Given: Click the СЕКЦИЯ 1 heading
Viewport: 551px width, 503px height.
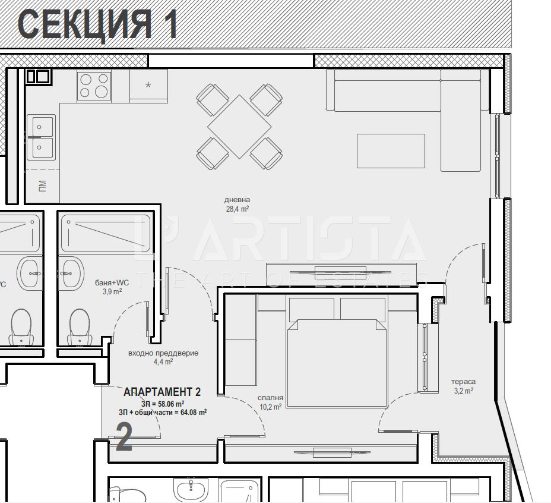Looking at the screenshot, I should (x=98, y=24).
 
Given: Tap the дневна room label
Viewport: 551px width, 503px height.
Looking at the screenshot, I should (x=237, y=200).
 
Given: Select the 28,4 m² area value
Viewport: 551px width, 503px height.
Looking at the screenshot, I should (x=237, y=209).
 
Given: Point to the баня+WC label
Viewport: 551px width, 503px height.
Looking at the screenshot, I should (x=112, y=282).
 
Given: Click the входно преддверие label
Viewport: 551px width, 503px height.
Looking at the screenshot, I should (x=163, y=353).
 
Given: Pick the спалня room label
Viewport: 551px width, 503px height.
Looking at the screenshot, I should (x=270, y=398).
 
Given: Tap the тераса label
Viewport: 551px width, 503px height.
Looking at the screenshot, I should (x=463, y=382).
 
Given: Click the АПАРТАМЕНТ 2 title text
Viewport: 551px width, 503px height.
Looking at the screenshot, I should (x=162, y=392).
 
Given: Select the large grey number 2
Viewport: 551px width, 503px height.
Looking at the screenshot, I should (x=123, y=438).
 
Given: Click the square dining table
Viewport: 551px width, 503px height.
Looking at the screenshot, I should (x=239, y=126).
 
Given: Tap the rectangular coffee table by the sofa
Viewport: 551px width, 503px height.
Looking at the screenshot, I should (x=391, y=151).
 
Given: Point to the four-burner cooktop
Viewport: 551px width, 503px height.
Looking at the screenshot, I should (x=94, y=84).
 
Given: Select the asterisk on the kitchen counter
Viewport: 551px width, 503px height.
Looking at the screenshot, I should (x=148, y=85).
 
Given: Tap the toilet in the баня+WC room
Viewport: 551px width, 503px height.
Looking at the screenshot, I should (x=80, y=326).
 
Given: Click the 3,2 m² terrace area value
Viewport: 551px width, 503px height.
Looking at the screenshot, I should (x=463, y=391).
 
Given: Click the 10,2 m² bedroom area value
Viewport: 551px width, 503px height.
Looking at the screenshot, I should (x=270, y=407).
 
